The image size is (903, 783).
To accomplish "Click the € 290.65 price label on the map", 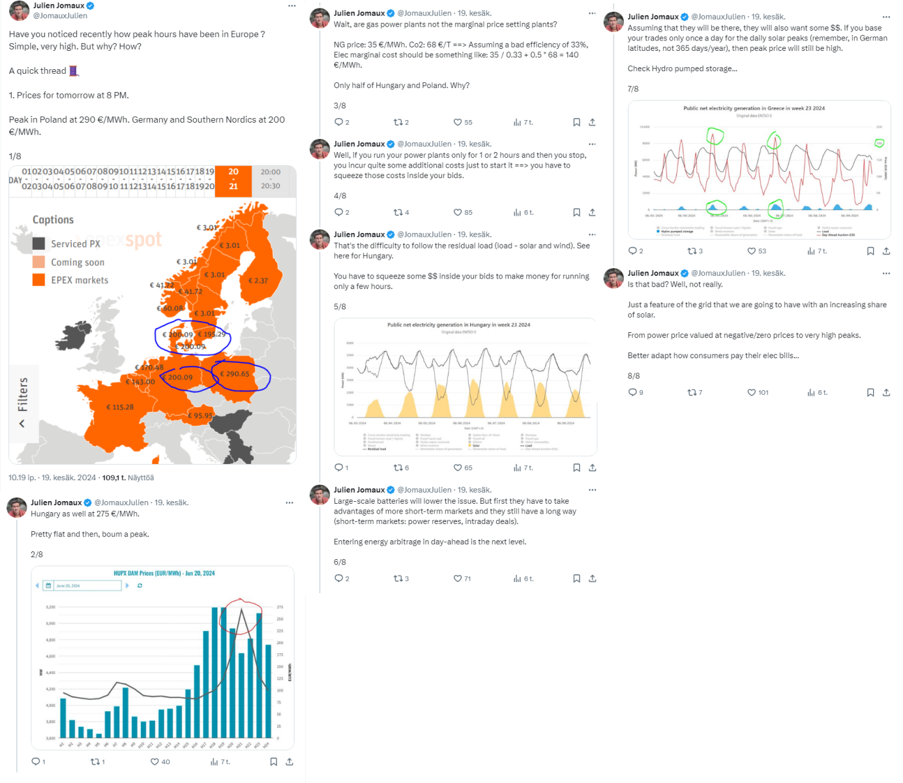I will (235, 374).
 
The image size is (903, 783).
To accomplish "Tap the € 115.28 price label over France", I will (120, 407).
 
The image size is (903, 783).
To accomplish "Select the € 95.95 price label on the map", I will (200, 416).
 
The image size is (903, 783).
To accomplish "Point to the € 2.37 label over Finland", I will (258, 281).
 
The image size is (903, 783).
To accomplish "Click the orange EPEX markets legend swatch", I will (39, 280).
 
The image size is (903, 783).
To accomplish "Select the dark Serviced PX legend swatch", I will (39, 243).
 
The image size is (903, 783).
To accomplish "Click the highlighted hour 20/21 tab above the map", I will (233, 179).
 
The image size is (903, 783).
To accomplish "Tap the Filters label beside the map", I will (23, 394).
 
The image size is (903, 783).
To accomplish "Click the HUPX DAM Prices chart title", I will (164, 574).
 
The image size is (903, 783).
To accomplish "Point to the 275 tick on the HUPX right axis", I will (280, 607).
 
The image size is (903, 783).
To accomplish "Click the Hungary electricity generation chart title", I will (458, 325).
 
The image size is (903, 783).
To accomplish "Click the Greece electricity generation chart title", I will (754, 108).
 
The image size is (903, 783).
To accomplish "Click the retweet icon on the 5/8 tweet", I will (398, 468).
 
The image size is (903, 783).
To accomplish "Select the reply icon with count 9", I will (632, 392).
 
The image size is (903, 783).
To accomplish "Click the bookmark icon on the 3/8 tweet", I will (576, 122).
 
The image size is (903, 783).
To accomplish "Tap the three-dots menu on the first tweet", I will (291, 6).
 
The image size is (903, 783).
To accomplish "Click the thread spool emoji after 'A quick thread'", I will (74, 70).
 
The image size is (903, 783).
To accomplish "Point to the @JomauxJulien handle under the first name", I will (60, 16).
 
